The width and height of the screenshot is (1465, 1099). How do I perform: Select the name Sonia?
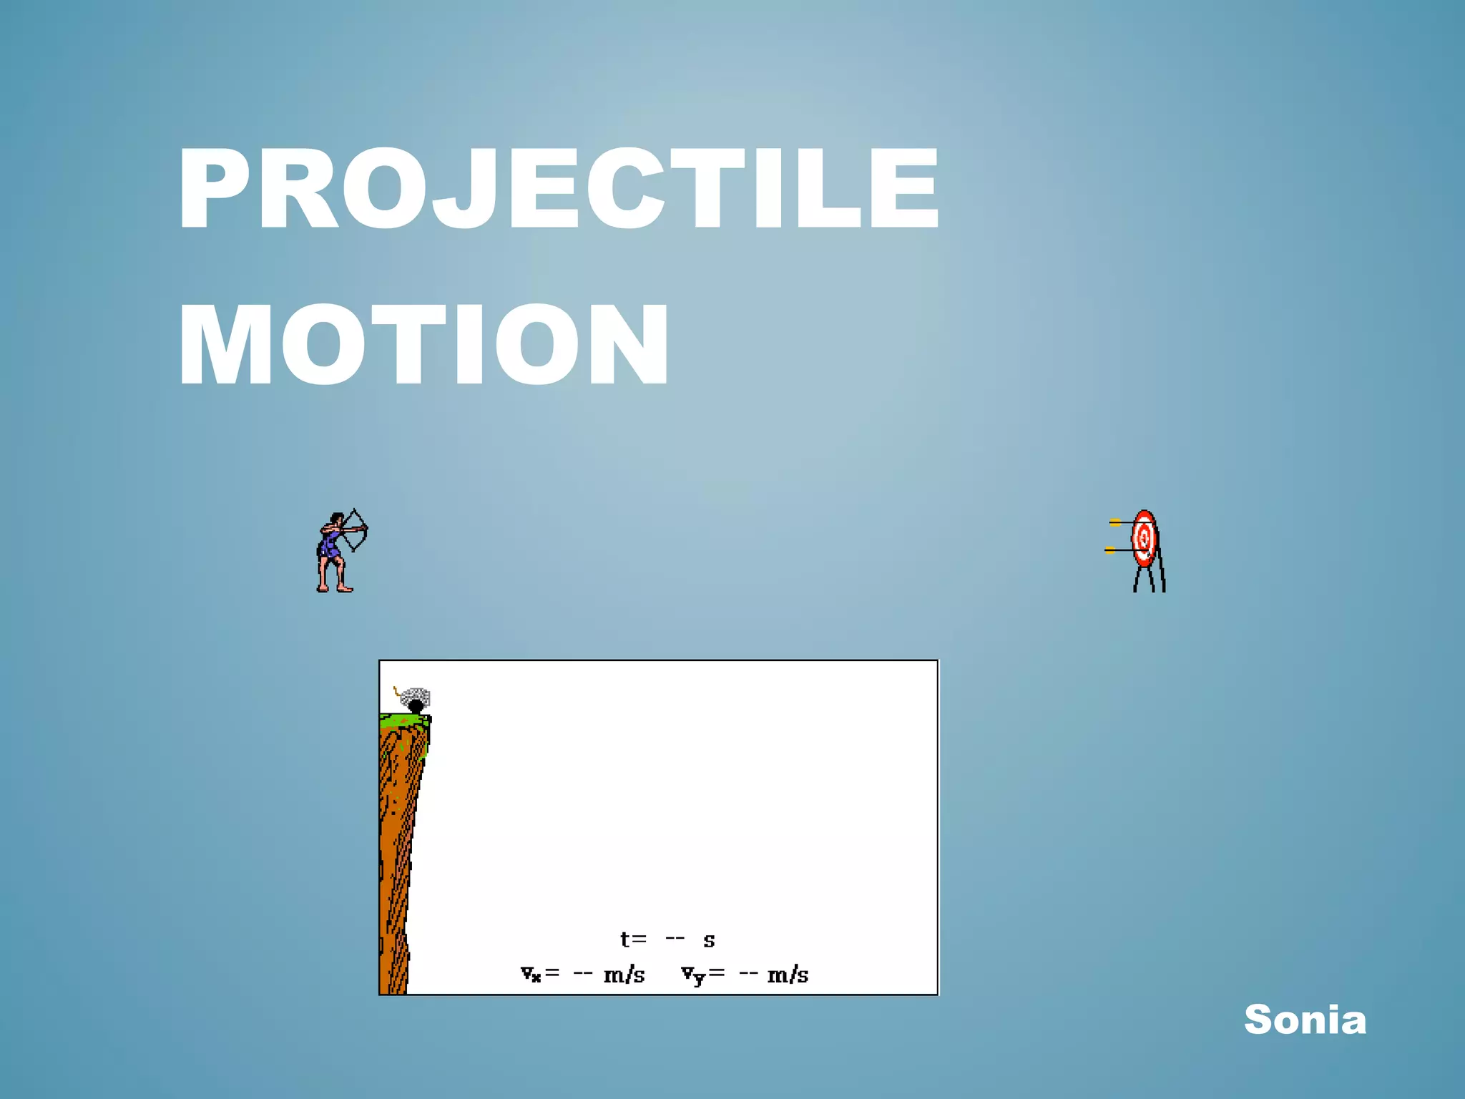tap(1305, 1019)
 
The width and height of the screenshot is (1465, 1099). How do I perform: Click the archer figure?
tap(332, 551)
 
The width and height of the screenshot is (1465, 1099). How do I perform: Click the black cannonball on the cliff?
tap(416, 707)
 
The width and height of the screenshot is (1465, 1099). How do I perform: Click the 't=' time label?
tap(633, 939)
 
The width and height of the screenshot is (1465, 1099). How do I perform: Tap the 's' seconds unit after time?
tap(709, 940)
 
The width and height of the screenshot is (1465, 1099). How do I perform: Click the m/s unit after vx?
tap(624, 975)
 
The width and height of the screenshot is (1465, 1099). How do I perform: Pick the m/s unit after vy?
tap(788, 975)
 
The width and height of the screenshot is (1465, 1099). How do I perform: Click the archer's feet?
tap(335, 588)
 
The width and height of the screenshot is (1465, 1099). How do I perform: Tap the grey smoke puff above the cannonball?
tap(416, 695)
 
